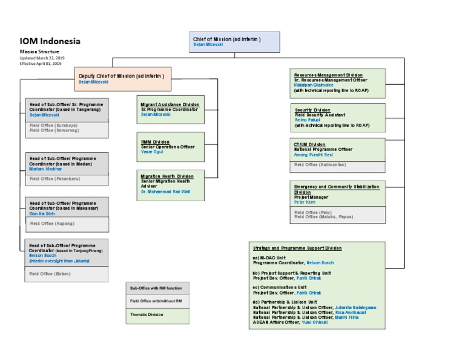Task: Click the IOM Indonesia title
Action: (50, 41)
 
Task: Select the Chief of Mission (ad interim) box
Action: (236, 42)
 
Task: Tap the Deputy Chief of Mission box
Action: (123, 78)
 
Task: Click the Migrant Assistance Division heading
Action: (170, 104)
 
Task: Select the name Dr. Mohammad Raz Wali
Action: (166, 192)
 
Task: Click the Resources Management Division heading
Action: (328, 75)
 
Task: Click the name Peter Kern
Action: (306, 202)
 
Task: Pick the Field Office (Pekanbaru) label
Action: (54, 179)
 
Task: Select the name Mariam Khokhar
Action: (45, 169)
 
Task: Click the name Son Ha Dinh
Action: (42, 213)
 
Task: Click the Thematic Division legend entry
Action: (147, 315)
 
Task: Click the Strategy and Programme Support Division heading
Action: (297, 248)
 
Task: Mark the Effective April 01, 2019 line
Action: (40, 63)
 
